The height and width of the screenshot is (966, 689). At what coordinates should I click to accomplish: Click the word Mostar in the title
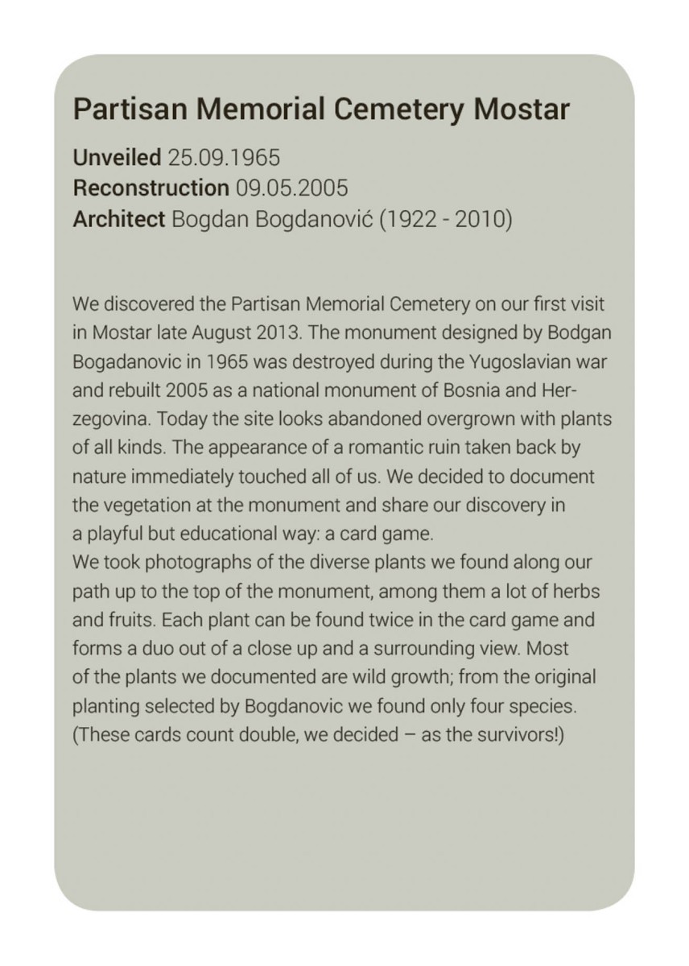pos(522,109)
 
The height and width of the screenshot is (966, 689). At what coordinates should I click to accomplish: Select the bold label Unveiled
pos(118,157)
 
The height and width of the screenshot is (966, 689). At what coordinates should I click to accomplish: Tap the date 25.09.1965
pos(224,157)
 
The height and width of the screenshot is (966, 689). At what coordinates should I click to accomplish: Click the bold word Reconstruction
pos(151,188)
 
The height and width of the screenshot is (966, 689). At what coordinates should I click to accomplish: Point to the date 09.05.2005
pos(292,188)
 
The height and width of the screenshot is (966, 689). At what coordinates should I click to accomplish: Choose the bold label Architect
pos(119,219)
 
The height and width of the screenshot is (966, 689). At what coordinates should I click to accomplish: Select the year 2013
pos(278,333)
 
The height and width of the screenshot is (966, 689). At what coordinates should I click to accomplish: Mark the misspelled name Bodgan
pos(576,333)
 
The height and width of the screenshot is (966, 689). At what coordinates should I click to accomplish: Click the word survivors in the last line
pos(511,736)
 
